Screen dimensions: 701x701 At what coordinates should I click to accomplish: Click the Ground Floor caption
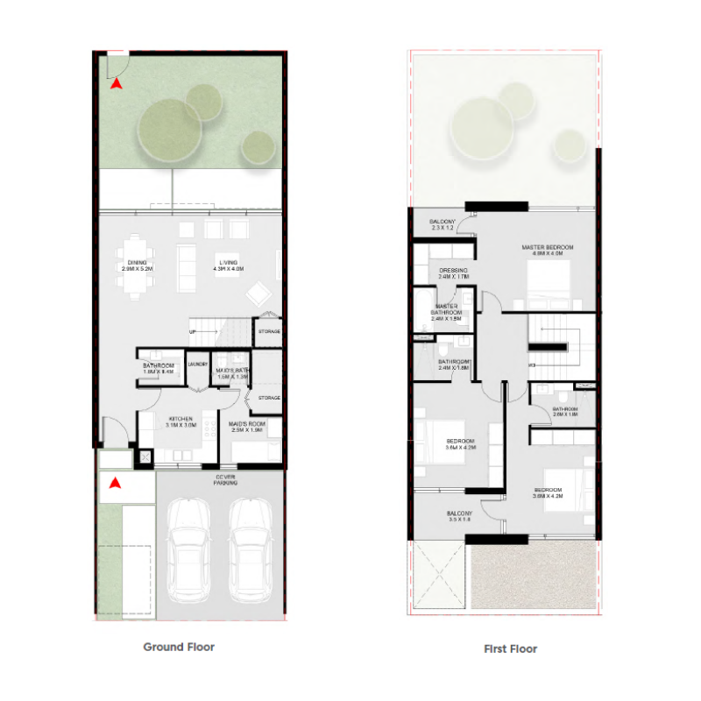(179, 648)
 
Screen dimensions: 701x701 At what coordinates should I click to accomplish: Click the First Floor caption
(510, 649)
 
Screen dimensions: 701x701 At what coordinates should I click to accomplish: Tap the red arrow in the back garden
(116, 84)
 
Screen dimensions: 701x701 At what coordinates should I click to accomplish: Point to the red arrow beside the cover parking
(114, 481)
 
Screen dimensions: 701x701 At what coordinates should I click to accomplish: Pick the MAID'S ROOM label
(247, 426)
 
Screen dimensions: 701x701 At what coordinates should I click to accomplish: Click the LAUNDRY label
(196, 365)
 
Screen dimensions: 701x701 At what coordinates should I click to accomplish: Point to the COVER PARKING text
(226, 479)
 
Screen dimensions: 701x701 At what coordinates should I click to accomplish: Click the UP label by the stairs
(192, 332)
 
